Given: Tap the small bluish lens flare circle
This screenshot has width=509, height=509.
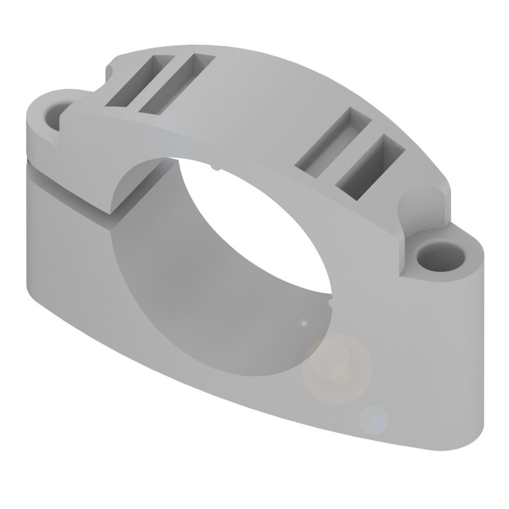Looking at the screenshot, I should coord(374,420).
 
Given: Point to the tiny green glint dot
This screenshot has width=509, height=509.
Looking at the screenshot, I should coord(304,323).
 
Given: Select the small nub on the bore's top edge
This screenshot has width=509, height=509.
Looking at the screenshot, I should coord(216,166).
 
